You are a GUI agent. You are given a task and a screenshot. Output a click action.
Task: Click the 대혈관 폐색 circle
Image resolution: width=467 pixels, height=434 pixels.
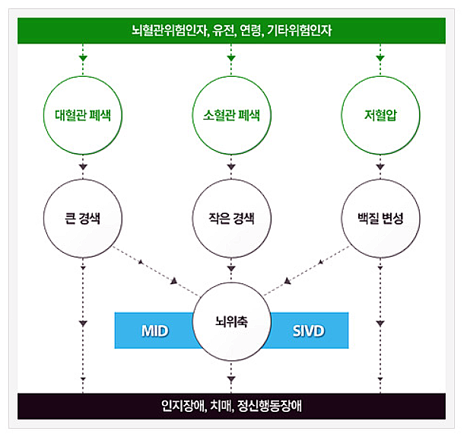coord(84,116)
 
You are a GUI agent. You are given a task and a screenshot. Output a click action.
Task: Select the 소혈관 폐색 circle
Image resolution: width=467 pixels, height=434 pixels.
coord(230,116)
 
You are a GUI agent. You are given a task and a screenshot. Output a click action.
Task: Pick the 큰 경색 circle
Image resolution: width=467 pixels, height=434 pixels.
coord(84,218)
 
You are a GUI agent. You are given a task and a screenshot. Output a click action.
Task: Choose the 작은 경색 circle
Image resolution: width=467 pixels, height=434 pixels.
coord(230,218)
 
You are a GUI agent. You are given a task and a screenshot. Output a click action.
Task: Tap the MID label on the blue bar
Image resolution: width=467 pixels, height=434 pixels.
coord(154,331)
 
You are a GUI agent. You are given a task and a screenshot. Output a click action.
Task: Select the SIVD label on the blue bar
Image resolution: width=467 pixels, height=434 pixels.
coord(308,331)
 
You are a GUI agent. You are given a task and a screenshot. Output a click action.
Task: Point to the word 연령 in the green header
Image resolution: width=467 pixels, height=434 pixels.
coord(249,30)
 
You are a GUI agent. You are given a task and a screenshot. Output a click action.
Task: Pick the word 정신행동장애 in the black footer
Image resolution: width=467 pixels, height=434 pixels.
coord(270,405)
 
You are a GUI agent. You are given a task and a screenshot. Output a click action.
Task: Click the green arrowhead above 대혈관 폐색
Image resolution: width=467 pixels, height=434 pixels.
coord(84,58)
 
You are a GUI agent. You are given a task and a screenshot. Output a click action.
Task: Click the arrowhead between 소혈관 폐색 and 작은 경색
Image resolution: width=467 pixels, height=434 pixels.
coord(230,165)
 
